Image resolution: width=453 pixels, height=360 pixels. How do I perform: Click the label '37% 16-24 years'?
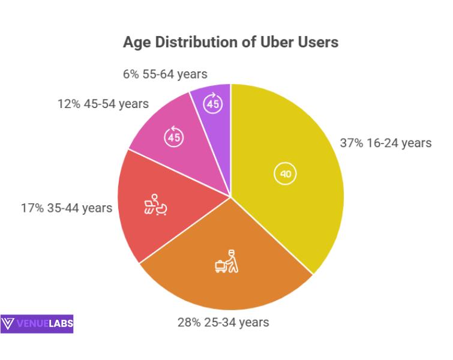coord(386,143)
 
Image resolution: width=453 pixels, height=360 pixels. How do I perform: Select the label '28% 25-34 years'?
coord(223,322)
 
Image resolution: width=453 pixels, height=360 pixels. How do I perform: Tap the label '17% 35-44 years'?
coord(66,208)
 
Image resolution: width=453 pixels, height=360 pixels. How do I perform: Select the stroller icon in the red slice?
coord(155,205)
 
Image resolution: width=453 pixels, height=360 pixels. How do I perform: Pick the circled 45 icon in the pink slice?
coord(174,137)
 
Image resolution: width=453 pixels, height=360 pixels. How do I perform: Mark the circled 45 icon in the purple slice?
coord(214,104)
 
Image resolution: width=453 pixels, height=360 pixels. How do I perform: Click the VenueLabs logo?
coord(37,324)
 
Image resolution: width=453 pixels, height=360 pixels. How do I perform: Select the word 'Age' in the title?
coord(135,43)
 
